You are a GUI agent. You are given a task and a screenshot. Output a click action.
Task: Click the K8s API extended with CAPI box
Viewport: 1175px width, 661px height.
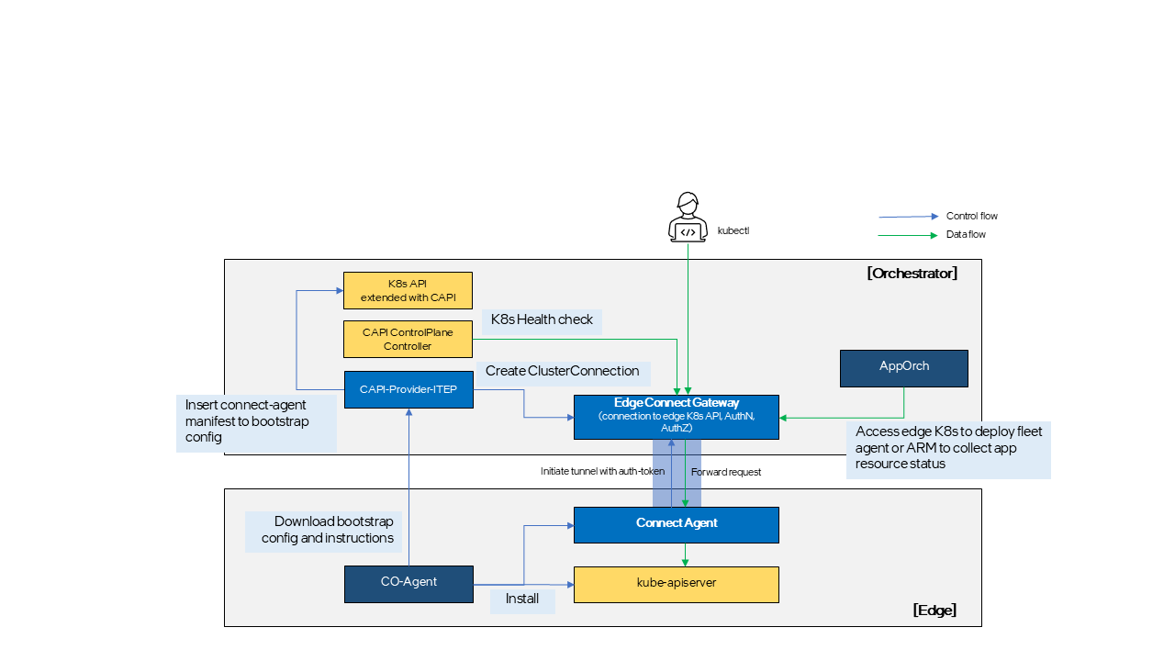(408, 290)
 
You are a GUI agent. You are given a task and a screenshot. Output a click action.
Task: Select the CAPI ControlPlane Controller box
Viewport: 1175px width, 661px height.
(408, 339)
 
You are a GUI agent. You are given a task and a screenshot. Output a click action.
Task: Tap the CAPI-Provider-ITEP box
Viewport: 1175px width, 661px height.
(408, 389)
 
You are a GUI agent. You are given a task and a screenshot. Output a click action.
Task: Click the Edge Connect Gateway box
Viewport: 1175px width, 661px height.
(677, 417)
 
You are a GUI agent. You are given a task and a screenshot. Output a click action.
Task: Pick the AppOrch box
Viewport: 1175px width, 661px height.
(904, 367)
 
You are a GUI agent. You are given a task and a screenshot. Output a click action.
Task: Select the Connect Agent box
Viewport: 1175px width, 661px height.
(677, 524)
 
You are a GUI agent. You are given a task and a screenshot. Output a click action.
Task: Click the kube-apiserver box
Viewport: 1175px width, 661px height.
(677, 584)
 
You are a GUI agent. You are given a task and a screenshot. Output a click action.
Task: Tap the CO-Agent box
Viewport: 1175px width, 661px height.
(408, 584)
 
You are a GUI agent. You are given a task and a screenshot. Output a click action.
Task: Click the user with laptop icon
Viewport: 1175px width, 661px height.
(688, 218)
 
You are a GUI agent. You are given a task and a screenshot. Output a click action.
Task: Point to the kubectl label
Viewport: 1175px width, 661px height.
(733, 231)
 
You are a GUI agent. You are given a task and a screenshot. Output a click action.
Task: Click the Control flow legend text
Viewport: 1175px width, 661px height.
(971, 217)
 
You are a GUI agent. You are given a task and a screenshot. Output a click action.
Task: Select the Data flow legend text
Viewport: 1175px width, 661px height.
(966, 235)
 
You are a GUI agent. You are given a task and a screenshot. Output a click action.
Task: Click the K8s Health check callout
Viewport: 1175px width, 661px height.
(542, 320)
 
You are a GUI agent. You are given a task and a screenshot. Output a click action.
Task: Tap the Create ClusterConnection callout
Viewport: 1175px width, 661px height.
(562, 372)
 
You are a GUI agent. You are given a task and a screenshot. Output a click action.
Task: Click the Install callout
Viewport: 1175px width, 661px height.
(522, 600)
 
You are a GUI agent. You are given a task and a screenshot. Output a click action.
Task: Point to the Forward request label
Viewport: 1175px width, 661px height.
(726, 472)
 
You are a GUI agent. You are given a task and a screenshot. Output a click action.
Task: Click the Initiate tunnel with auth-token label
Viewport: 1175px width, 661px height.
(602, 471)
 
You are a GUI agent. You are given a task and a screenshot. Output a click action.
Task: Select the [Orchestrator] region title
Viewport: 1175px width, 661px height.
(912, 274)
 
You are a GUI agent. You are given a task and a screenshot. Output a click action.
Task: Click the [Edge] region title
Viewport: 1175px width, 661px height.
(934, 611)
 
